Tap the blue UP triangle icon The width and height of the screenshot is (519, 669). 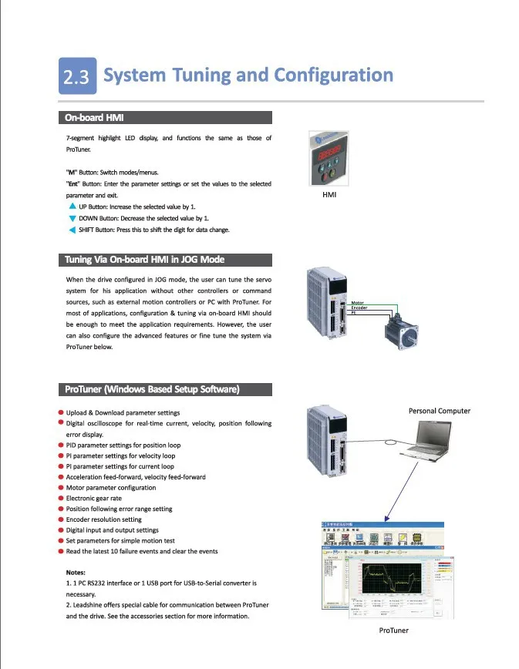pos(72,207)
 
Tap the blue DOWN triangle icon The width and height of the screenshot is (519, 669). pos(72,218)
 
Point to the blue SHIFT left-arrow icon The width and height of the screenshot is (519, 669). pos(72,230)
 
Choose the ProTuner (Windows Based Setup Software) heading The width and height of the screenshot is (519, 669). pos(151,389)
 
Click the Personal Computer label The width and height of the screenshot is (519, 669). pos(439,411)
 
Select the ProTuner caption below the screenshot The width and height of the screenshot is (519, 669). pos(394,630)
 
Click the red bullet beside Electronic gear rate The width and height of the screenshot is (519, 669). pos(61,498)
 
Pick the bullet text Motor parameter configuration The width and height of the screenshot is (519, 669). pos(111,488)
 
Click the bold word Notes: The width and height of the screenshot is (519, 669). pos(80,573)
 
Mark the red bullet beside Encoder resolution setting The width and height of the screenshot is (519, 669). pos(61,519)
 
